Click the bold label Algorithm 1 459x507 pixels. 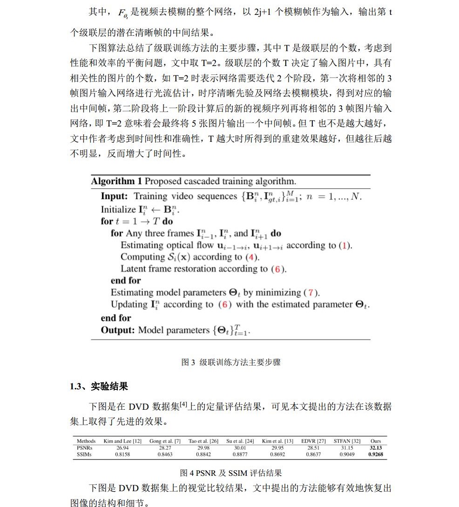click(116, 181)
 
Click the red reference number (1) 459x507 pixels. click(345, 245)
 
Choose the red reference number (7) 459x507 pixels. click(311, 293)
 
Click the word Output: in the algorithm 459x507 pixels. click(118, 330)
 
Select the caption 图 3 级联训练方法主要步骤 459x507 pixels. click(231, 362)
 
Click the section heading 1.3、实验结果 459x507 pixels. click(99, 387)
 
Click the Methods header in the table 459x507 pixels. click(86, 441)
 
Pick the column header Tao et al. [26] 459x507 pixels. click(203, 441)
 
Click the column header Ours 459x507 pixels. click(375, 441)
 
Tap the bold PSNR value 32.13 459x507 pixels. click(375, 448)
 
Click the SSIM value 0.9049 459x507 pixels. click(347, 454)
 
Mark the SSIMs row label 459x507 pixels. click(84, 454)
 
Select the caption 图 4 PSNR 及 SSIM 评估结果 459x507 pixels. click(231, 473)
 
